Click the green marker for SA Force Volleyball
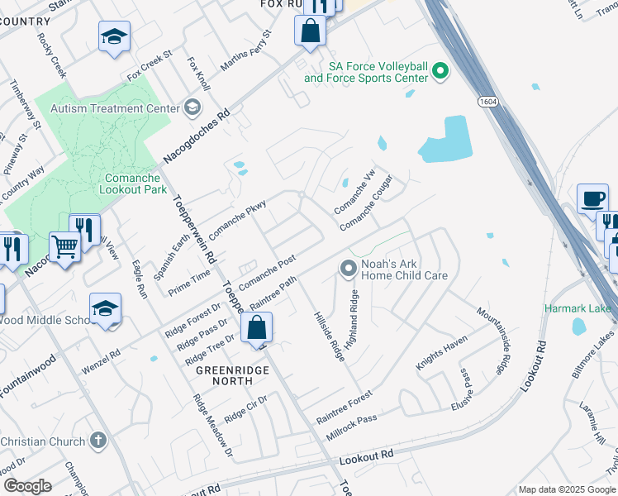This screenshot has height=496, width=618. click(440, 72)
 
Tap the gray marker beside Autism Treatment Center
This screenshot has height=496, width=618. click(192, 107)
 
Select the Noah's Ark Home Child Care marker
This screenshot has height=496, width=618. click(348, 269)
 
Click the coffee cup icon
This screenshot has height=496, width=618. click(592, 199)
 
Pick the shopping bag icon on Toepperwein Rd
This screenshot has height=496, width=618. click(257, 327)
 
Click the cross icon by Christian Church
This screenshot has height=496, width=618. click(97, 441)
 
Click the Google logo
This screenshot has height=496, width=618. click(27, 485)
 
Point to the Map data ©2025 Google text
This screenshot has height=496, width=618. click(566, 489)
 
